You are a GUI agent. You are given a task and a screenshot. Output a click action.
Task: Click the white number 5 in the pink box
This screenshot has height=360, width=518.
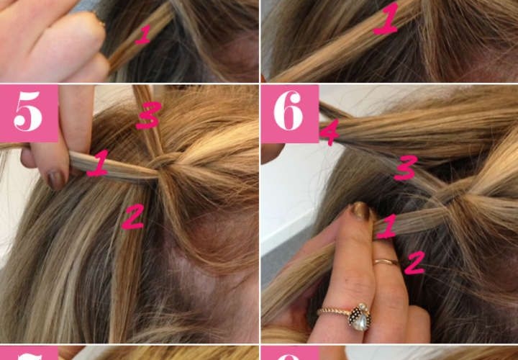pos(28,112)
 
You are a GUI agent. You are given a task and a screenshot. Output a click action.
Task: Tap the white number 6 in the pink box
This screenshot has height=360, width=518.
pos(288,110)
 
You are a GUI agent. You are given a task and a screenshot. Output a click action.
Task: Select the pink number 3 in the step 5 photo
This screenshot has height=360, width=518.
pos(148,115)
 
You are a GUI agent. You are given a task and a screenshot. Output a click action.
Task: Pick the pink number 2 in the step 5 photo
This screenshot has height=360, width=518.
pos(133,217)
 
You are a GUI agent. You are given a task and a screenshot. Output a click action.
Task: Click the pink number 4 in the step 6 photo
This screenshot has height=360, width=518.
pos(330,132)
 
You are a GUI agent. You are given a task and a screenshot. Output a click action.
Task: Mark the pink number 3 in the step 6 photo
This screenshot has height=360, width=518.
pos(406,168)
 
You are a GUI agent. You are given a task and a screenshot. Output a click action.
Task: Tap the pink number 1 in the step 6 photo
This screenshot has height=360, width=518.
pos(387,226)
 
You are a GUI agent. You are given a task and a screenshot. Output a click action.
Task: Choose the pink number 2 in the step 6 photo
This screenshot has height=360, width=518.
pos(415,263)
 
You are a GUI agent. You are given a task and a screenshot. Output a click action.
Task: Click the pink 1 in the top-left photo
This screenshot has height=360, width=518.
pos(143,35)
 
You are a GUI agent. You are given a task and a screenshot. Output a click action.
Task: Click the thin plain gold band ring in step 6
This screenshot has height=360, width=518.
pos(386,262)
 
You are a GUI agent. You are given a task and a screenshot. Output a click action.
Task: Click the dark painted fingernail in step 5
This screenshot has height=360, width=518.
pos(57,179)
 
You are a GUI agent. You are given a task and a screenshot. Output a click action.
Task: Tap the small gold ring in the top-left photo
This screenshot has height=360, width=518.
pos(99,19)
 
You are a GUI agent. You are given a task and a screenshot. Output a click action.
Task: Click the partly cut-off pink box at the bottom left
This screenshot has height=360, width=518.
pos(29,353)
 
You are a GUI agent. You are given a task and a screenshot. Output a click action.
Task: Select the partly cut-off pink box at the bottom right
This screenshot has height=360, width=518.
pos(290,353)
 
